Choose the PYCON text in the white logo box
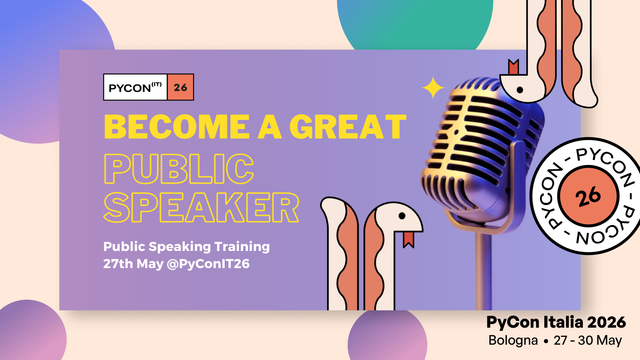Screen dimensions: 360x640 click(136, 88)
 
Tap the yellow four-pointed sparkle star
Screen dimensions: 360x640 click(433, 88)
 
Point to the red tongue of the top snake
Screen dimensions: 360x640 click(514, 67)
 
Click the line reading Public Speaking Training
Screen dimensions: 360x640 click(186, 246)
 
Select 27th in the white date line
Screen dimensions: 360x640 click(121, 264)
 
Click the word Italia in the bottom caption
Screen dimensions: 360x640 click(559, 322)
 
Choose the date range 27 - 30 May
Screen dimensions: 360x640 click(585, 340)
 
